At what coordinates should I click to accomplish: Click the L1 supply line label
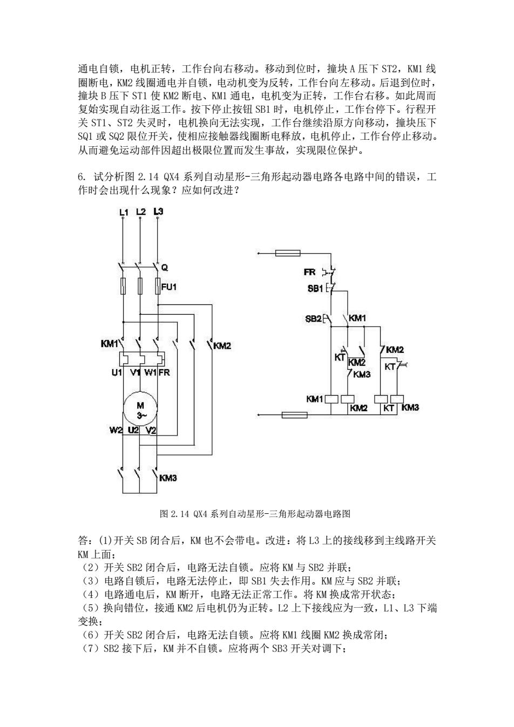(x=124, y=213)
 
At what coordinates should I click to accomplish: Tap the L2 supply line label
(x=141, y=212)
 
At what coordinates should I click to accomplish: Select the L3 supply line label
(x=158, y=212)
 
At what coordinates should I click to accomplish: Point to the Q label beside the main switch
(x=165, y=268)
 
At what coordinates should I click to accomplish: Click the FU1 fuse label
(x=169, y=287)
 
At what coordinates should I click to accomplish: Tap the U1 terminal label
(x=117, y=372)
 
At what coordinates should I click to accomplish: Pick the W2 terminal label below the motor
(x=116, y=431)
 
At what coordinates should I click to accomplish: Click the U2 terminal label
(x=133, y=430)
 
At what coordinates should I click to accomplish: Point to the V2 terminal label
(x=151, y=431)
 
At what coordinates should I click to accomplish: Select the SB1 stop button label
(x=315, y=288)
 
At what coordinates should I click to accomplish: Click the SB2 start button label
(x=313, y=319)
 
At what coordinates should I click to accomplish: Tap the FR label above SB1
(x=310, y=272)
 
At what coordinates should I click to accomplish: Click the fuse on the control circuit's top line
(x=288, y=253)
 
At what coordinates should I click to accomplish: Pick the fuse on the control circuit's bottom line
(x=294, y=415)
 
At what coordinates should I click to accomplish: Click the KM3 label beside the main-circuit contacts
(x=168, y=478)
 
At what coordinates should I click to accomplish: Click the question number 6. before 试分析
(x=82, y=177)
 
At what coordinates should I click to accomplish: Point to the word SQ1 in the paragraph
(x=85, y=137)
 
